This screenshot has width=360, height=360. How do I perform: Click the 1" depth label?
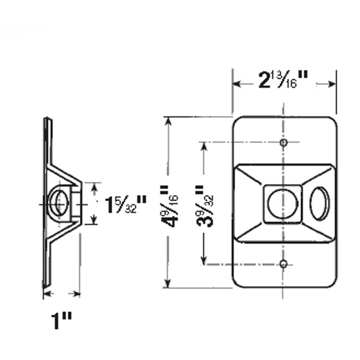tap(62, 320)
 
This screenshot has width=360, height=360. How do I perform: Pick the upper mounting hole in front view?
tap(283, 142)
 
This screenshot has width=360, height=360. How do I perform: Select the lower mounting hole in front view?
tap(283, 264)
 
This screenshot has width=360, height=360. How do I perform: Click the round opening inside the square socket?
tap(282, 204)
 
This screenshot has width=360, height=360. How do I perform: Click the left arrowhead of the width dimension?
tap(236, 83)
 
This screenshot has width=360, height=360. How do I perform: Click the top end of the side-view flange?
tap(46, 120)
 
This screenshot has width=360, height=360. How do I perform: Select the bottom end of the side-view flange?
tap(45, 285)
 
